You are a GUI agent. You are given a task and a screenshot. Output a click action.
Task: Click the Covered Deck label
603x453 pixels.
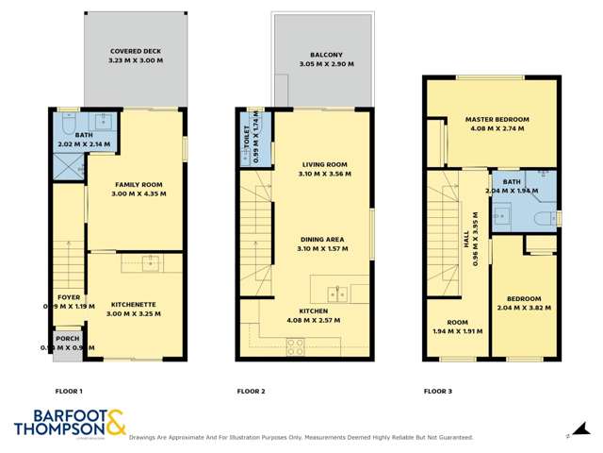pyautogui.click(x=133, y=52)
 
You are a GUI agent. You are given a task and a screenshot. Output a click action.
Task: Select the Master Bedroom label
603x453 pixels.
pyautogui.click(x=497, y=120)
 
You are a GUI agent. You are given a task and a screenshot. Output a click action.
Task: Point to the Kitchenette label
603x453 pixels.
pyautogui.click(x=134, y=304)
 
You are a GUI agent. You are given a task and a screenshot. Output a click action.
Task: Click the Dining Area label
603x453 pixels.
pyautogui.click(x=320, y=240)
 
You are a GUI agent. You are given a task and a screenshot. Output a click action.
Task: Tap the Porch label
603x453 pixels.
pyautogui.click(x=68, y=339)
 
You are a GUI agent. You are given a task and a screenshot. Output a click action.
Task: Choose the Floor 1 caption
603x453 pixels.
pyautogui.click(x=69, y=391)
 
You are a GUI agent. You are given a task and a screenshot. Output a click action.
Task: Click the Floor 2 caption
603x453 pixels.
pyautogui.click(x=251, y=391)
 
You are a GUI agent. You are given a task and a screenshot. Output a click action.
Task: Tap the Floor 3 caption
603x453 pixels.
pyautogui.click(x=438, y=391)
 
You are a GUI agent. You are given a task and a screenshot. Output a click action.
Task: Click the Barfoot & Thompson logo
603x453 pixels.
pyautogui.click(x=70, y=424)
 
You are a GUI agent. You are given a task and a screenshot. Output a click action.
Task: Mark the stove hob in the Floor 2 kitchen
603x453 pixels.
pyautogui.click(x=295, y=346)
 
